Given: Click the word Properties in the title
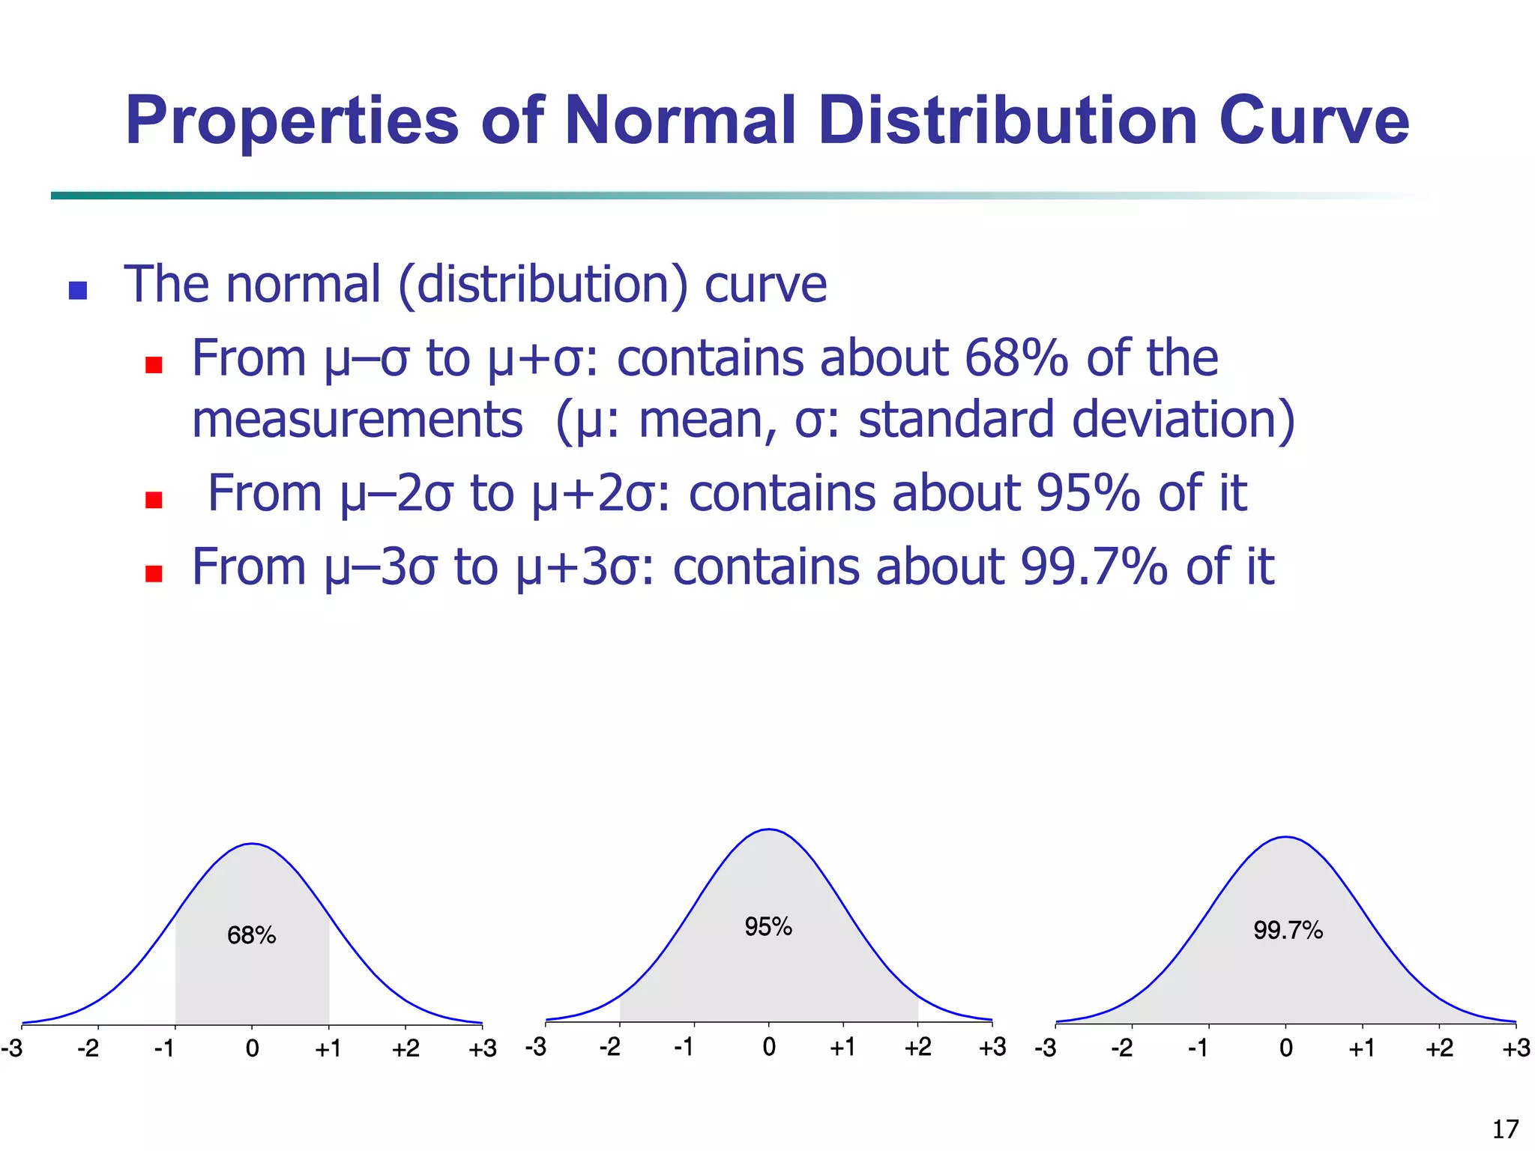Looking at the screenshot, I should pyautogui.click(x=292, y=122).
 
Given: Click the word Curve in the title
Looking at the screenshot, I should pyautogui.click(x=1314, y=121).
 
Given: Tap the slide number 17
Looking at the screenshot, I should pyautogui.click(x=1505, y=1129).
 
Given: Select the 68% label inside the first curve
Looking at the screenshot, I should pyautogui.click(x=252, y=935).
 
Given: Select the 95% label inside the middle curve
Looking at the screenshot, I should pyautogui.click(x=768, y=927).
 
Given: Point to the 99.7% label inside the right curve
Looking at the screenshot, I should pyautogui.click(x=1288, y=931).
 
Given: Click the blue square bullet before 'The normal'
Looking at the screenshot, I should pyautogui.click(x=78, y=290).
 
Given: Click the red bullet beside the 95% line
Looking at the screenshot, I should pyautogui.click(x=154, y=500).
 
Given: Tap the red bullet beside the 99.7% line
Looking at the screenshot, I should pyautogui.click(x=154, y=573).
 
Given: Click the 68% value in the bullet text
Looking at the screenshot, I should pyautogui.click(x=1016, y=358).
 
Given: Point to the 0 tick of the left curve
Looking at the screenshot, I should pyautogui.click(x=252, y=1048).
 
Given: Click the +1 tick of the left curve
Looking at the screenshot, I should pyautogui.click(x=328, y=1048).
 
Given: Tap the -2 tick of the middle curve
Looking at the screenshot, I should pyautogui.click(x=610, y=1046).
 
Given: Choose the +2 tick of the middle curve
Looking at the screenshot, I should pyautogui.click(x=917, y=1046).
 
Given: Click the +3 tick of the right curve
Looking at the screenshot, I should pyautogui.click(x=1516, y=1048).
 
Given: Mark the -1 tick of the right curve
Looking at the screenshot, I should pyautogui.click(x=1198, y=1048).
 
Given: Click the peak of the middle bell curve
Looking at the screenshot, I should pyautogui.click(x=769, y=830).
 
